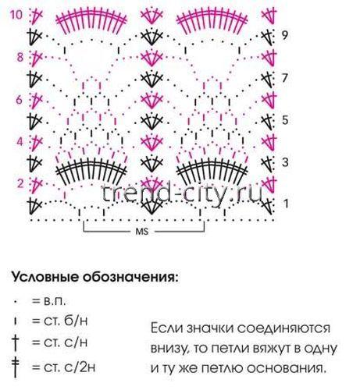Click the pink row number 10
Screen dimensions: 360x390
[x=16, y=14]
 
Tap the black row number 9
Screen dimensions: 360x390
[x=285, y=35]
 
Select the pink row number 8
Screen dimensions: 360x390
[x=20, y=57]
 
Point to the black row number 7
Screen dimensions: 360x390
[x=285, y=78]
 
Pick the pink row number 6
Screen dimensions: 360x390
[x=20, y=100]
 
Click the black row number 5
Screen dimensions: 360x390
[x=285, y=120]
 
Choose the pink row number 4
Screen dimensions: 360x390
[x=20, y=142]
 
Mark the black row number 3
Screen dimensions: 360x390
[x=285, y=162]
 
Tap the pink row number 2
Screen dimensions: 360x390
[x=20, y=183]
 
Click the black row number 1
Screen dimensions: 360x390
[x=286, y=204]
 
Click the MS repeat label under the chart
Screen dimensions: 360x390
[x=142, y=232]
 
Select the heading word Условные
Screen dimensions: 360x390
[x=45, y=278]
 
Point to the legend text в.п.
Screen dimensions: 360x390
[x=55, y=301]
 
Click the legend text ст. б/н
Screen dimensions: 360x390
[x=66, y=321]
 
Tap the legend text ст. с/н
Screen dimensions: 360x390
[x=66, y=342]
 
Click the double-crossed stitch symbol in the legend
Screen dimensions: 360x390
[x=16, y=367]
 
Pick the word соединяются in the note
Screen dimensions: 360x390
[x=283, y=328]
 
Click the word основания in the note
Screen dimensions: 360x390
[x=286, y=368]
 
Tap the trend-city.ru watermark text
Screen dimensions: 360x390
[x=182, y=193]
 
